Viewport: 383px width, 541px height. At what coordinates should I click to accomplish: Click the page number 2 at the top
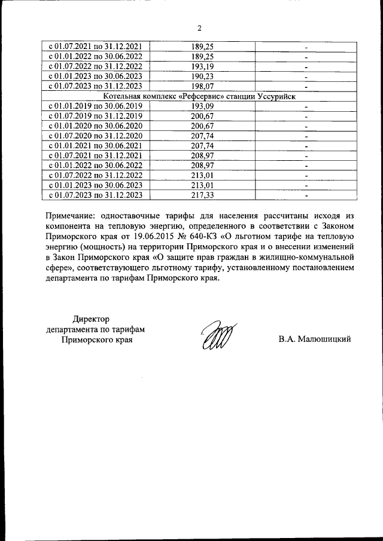click(199, 27)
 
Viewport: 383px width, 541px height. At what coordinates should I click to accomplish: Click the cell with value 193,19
click(202, 66)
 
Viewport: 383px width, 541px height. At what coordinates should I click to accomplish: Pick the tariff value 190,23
click(202, 76)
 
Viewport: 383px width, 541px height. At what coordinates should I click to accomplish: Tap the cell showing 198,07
click(202, 86)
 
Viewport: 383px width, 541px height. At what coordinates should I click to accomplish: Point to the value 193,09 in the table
click(202, 106)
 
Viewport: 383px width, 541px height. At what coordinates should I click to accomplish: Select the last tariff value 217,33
click(202, 194)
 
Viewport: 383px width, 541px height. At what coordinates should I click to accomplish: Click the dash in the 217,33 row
click(306, 195)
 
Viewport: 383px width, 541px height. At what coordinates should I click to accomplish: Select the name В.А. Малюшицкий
click(314, 339)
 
